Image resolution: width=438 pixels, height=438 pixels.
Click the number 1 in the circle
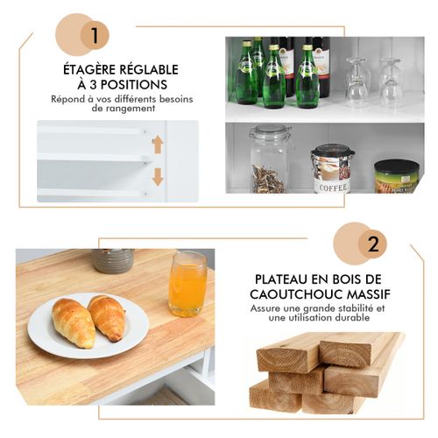(95, 35)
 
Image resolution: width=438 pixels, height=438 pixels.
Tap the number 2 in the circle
(373, 244)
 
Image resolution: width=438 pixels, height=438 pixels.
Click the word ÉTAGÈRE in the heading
(88, 69)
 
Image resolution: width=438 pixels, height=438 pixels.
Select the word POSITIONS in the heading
(134, 85)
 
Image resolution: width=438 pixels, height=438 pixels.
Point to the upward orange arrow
(158, 145)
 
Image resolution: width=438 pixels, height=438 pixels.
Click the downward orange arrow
(158, 177)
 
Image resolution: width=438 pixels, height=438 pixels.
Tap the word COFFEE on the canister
(334, 187)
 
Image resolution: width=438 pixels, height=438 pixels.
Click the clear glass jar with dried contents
(271, 159)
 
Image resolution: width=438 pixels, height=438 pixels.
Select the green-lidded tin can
(397, 176)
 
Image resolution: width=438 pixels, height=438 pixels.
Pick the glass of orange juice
(187, 284)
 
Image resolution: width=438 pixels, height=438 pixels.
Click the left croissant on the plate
(74, 322)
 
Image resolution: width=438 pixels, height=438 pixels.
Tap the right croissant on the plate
(107, 317)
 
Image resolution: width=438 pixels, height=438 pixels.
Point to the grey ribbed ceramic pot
(113, 261)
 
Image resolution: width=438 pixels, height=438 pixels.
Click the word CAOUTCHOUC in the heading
(294, 294)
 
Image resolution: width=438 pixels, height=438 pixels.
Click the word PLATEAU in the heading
(281, 279)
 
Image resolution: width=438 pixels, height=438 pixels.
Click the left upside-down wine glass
(357, 82)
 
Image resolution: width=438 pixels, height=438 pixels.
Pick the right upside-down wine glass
(391, 82)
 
